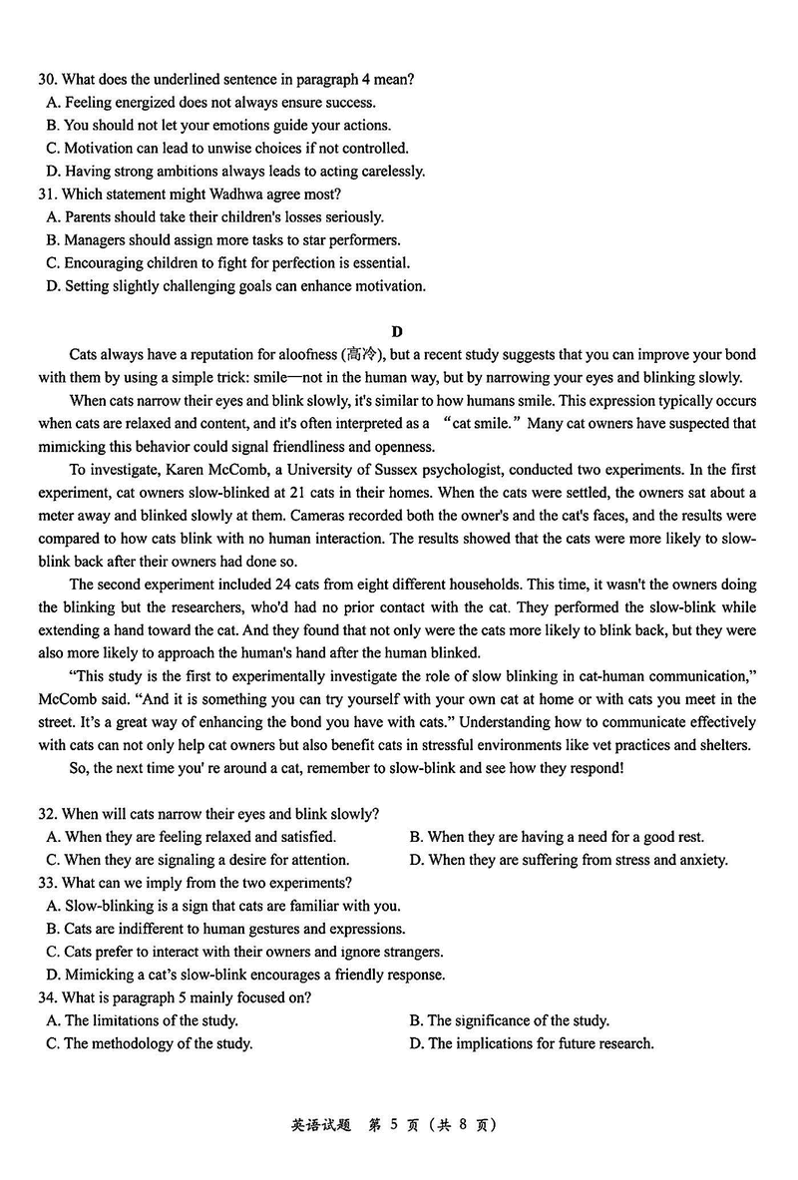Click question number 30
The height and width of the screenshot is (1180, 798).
[48, 79]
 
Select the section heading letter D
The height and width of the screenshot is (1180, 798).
[397, 331]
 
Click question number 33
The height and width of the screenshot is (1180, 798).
[48, 883]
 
